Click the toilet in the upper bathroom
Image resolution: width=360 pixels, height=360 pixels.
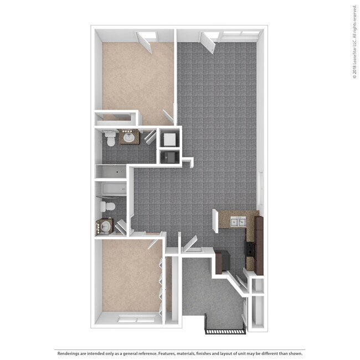click(110, 138)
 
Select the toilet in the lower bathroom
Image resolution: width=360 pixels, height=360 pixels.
click(107, 207)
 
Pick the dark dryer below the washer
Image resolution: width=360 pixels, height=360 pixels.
click(168, 157)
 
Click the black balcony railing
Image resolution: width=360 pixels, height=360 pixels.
click(225, 331)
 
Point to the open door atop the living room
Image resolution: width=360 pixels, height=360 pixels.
click(210, 42)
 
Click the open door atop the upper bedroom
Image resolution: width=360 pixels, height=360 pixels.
click(148, 42)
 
